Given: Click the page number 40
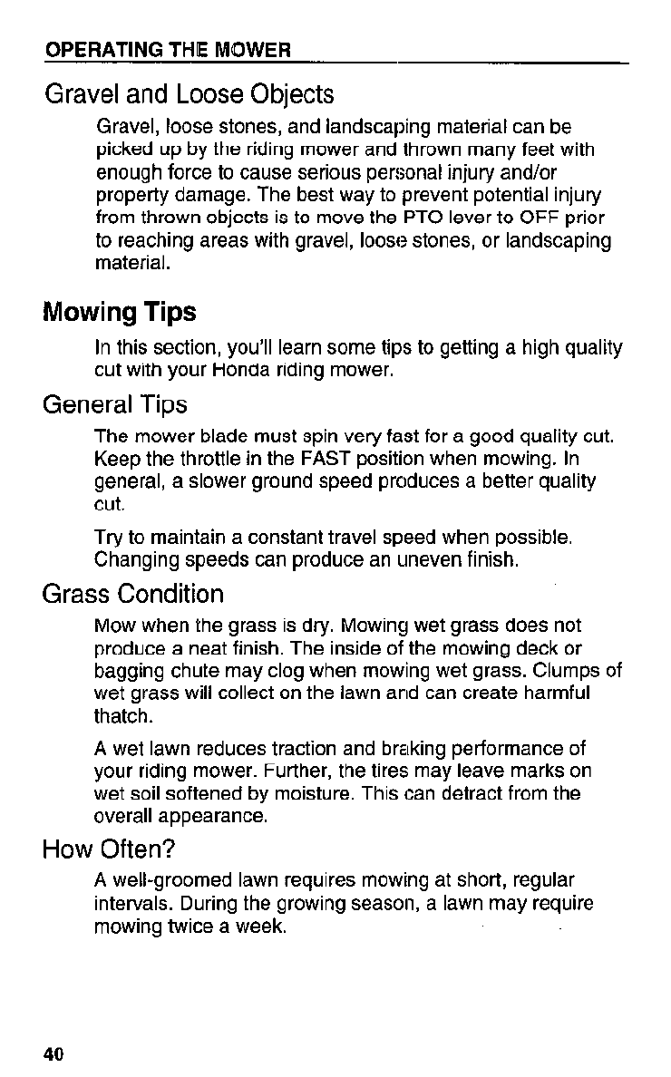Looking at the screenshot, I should click(x=53, y=1054).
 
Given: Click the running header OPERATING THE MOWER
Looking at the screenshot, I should click(x=168, y=50).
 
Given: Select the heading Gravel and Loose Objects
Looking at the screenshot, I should click(x=189, y=94).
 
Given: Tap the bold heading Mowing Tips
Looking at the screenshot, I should click(x=119, y=313).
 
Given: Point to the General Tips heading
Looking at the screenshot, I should click(x=114, y=403).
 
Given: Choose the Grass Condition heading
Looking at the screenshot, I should click(x=132, y=595).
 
